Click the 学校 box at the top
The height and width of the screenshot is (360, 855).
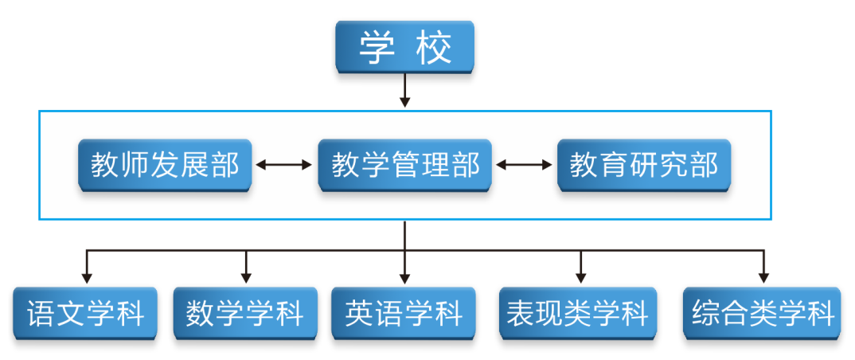[x=404, y=47]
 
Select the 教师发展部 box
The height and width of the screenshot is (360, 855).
[x=165, y=165]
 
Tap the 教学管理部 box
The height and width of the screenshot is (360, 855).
[x=404, y=165]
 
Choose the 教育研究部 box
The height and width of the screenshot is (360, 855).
[x=643, y=165]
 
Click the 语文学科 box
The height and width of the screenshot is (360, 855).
[x=86, y=313]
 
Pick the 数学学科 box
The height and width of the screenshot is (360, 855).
[x=245, y=313]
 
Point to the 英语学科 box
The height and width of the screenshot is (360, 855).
[x=404, y=313]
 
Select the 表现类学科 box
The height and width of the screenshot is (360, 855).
[x=578, y=313]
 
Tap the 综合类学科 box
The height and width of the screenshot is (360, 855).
[x=763, y=313]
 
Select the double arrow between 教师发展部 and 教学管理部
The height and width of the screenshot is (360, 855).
[x=284, y=165]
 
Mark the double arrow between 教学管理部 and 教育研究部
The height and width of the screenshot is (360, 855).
[x=524, y=165]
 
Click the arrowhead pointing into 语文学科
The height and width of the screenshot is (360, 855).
[x=87, y=278]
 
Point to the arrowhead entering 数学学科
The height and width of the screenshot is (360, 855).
[x=246, y=278]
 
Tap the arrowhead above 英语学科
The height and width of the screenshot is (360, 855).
[x=404, y=278]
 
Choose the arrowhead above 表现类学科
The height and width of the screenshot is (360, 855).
[x=580, y=278]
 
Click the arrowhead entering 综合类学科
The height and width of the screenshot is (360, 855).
[x=763, y=278]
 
